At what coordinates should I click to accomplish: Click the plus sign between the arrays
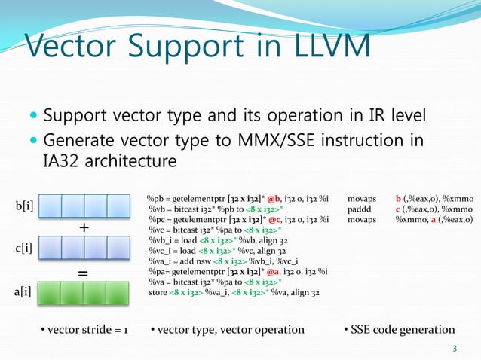84,227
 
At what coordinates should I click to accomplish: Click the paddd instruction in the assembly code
359,209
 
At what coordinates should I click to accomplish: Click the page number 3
454,348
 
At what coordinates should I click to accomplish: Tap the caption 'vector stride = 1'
84,329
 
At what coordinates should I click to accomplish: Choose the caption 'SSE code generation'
399,329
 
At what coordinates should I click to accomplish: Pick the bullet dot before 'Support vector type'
32,117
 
